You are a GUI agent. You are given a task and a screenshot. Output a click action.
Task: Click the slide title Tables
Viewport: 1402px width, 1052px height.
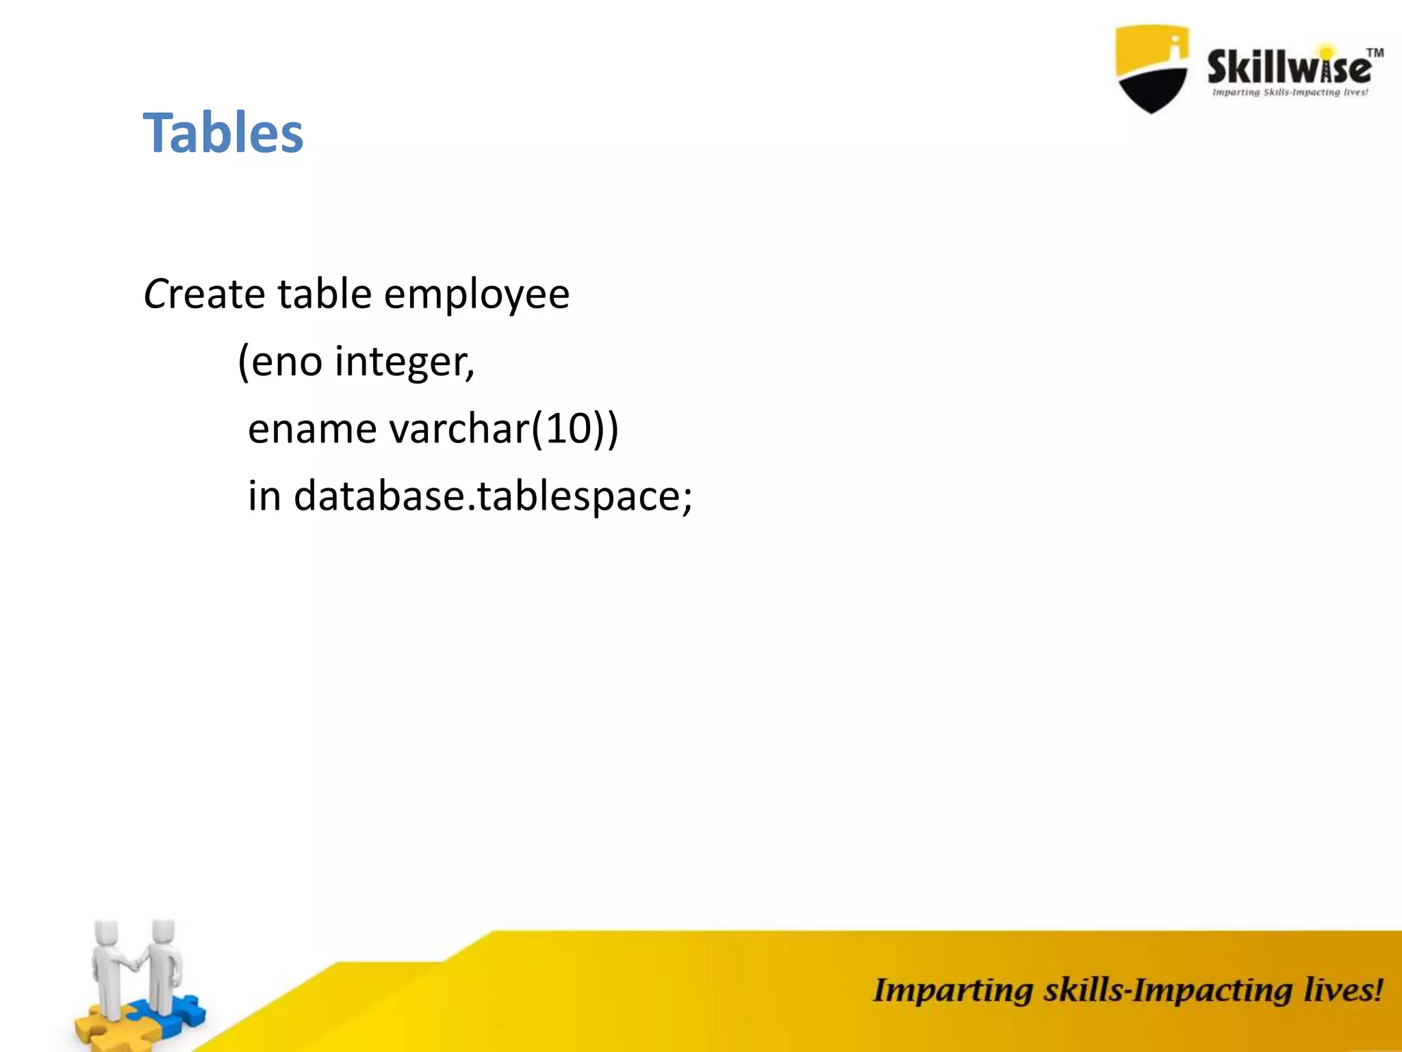(x=222, y=133)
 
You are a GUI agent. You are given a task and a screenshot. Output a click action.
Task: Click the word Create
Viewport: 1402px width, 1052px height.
(x=203, y=295)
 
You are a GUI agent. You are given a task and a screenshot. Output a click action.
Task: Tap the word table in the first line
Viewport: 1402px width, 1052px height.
(x=324, y=295)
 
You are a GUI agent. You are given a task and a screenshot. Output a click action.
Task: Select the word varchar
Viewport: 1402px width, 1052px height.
(x=459, y=429)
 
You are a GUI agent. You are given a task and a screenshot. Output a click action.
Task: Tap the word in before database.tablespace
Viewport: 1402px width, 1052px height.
(x=264, y=495)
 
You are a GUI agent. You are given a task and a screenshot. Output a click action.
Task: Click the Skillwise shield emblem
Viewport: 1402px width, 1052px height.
(x=1151, y=68)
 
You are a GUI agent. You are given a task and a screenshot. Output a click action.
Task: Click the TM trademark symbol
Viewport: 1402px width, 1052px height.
(x=1375, y=53)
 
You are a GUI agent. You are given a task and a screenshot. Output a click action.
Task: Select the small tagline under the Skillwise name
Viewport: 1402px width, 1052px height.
(x=1290, y=92)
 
